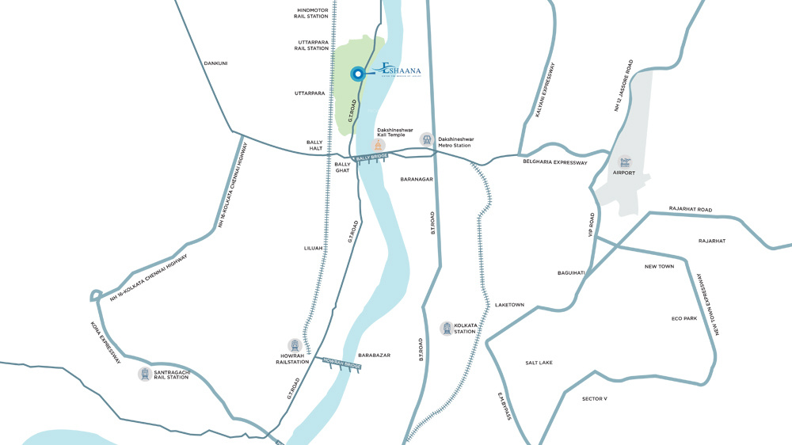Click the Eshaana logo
pyautogui.click(x=400, y=70)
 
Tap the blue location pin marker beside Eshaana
pyautogui.click(x=357, y=74)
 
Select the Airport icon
pyautogui.click(x=625, y=162)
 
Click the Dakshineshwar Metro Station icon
pyautogui.click(x=427, y=140)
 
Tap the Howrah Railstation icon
pyautogui.click(x=295, y=346)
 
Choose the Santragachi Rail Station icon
pyautogui.click(x=145, y=374)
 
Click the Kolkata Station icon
pyautogui.click(x=447, y=328)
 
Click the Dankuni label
pyautogui.click(x=215, y=63)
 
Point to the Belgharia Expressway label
pyautogui.click(x=554, y=162)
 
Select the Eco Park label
pyautogui.click(x=683, y=318)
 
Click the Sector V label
pyautogui.click(x=594, y=398)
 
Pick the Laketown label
pyautogui.click(x=509, y=305)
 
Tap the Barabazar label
pyautogui.click(x=375, y=356)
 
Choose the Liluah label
pyautogui.click(x=314, y=248)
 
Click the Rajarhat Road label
pyautogui.click(x=691, y=210)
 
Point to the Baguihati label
pyautogui.click(x=571, y=273)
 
